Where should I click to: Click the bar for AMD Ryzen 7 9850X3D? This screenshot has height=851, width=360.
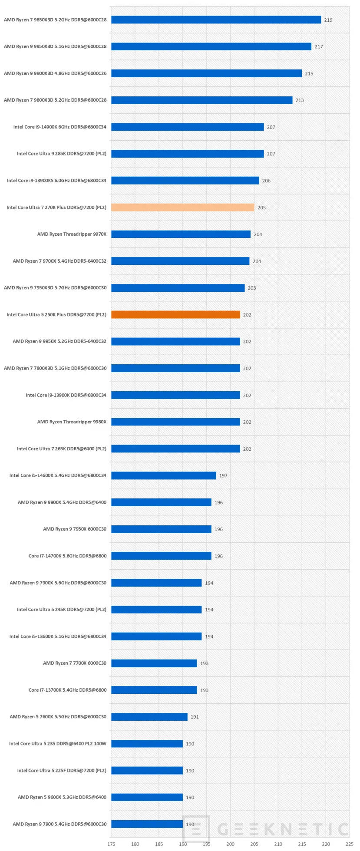point(216,20)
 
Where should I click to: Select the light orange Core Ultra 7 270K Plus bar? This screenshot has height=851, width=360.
point(182,208)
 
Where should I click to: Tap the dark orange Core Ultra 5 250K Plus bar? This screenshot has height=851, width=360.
point(175,315)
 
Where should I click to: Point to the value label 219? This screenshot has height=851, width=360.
point(328,20)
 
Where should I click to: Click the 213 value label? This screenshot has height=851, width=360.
point(299,100)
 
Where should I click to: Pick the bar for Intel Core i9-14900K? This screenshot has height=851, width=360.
point(187,127)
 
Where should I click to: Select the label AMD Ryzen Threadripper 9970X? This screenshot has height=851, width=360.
point(72,234)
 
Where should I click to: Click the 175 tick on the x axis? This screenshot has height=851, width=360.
point(111,844)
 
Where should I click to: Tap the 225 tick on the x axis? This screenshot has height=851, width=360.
point(350,844)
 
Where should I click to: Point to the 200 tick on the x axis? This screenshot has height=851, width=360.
point(230,844)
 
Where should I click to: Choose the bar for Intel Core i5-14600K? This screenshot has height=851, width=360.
point(163,476)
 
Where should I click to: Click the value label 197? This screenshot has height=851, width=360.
point(223,476)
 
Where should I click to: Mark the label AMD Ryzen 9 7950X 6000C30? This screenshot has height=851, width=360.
point(75,529)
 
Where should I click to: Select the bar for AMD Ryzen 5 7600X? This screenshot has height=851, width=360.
point(149,717)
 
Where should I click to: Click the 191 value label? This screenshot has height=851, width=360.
point(195,717)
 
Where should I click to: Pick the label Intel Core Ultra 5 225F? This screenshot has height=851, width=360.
point(62,771)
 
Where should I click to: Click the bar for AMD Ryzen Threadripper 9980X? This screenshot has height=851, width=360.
point(175,422)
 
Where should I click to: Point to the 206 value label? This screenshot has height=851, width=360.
point(266,181)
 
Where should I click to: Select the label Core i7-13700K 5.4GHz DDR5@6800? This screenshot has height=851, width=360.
point(67,690)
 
